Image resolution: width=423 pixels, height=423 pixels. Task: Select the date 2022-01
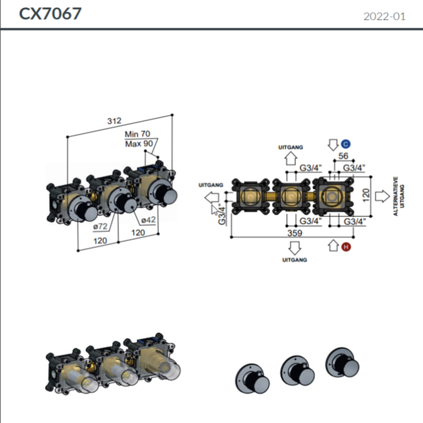click(384, 17)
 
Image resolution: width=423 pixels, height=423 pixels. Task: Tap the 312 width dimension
click(114, 121)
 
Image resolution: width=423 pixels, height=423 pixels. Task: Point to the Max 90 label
click(139, 144)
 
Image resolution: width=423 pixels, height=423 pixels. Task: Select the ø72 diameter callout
click(100, 226)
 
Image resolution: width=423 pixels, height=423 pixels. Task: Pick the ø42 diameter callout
click(148, 220)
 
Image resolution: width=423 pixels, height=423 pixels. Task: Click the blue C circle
click(346, 144)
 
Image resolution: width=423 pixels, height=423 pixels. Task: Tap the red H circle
click(346, 247)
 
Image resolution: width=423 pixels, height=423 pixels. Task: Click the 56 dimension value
click(343, 156)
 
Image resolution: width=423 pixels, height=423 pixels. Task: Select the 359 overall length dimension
click(295, 233)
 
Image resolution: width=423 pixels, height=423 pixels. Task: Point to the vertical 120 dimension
click(366, 195)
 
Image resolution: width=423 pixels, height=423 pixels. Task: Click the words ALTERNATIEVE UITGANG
click(399, 196)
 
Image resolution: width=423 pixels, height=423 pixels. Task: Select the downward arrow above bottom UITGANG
click(295, 248)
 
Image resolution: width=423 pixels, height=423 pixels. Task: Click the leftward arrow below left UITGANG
click(211, 197)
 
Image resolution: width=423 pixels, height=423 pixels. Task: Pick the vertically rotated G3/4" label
click(222, 214)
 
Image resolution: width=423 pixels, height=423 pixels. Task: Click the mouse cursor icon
click(214, 210)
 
